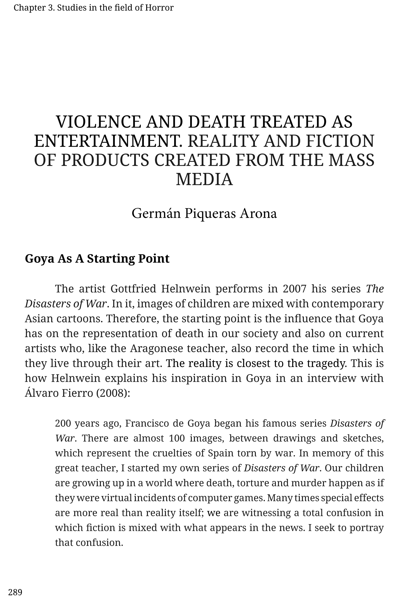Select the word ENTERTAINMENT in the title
[108, 141]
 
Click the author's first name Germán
[156, 213]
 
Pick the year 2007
[295, 289]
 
